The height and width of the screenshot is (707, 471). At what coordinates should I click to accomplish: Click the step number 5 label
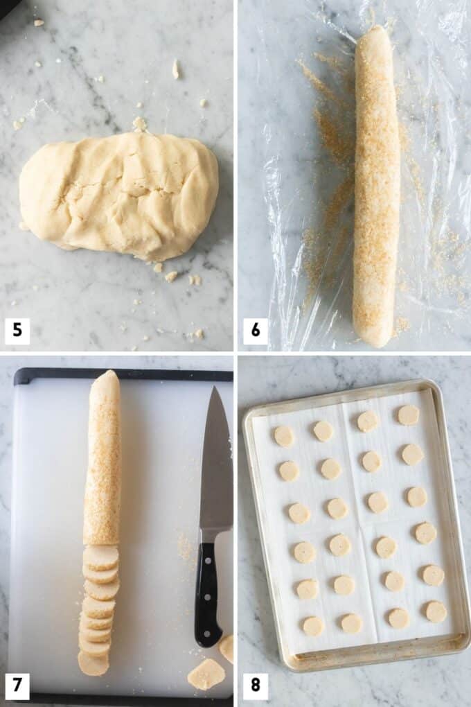click(x=17, y=331)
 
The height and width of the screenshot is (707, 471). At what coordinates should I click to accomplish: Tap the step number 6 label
click(x=255, y=331)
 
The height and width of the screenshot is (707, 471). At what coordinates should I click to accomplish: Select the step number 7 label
click(x=17, y=686)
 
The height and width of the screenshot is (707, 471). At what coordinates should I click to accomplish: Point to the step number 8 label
click(x=255, y=686)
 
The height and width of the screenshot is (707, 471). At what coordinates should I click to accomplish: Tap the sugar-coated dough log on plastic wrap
click(x=376, y=187)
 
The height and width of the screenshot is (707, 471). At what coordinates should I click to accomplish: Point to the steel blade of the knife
click(x=215, y=471)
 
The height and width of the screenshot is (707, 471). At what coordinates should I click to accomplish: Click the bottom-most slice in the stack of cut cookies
click(x=93, y=664)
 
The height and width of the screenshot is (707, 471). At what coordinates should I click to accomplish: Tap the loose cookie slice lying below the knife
click(x=206, y=674)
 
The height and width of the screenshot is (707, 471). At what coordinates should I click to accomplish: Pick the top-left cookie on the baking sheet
click(x=283, y=436)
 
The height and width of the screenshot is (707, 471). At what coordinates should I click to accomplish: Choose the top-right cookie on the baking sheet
click(x=408, y=414)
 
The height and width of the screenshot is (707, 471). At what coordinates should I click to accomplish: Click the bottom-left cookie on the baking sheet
click(x=313, y=626)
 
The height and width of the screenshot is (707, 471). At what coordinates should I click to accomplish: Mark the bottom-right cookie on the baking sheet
click(x=436, y=611)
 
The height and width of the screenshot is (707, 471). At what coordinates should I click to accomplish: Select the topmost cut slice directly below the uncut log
click(x=101, y=556)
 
